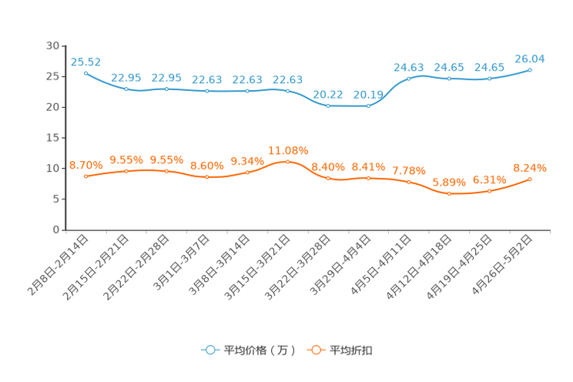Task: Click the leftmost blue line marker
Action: point(85,73)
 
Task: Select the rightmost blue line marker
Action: point(530,70)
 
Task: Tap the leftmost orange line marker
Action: point(85,176)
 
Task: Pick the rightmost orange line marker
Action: point(530,179)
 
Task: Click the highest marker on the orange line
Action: point(288,162)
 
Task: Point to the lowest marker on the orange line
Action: point(449,194)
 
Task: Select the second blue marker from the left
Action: point(126,89)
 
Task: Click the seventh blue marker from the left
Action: point(328,106)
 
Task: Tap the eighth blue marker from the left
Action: point(368,106)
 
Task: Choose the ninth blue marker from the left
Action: point(409,78)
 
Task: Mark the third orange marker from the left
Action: point(167,171)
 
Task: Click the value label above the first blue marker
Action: point(85,61)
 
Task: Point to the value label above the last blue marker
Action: point(530,58)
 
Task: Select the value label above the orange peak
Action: point(288,149)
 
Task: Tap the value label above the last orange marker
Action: point(530,166)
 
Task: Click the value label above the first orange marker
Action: point(85,164)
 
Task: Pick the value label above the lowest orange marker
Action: point(449,182)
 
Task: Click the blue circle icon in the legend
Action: point(209,350)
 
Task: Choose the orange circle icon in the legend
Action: point(315,350)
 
